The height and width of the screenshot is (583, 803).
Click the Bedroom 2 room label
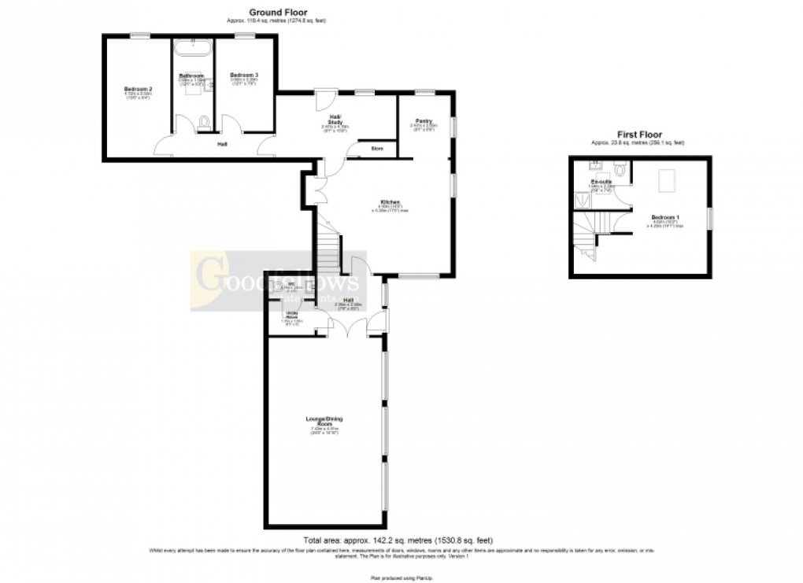138,89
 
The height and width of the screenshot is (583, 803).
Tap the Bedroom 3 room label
244,75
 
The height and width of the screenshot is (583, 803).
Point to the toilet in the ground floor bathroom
205,122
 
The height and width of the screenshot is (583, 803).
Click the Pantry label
424,121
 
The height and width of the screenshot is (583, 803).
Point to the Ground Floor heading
277,12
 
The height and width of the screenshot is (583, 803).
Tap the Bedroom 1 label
667,217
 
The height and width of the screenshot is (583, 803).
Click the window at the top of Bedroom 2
141,34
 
